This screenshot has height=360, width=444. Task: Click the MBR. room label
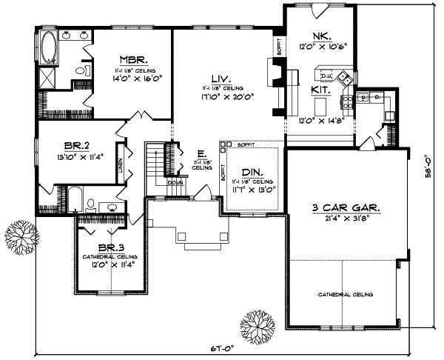pos(134,59)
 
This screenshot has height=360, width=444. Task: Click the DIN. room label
pos(251,171)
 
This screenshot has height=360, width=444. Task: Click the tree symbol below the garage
pos(255,325)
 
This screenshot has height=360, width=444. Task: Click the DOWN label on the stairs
pos(175,181)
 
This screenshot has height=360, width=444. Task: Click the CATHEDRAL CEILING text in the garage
pos(346,295)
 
